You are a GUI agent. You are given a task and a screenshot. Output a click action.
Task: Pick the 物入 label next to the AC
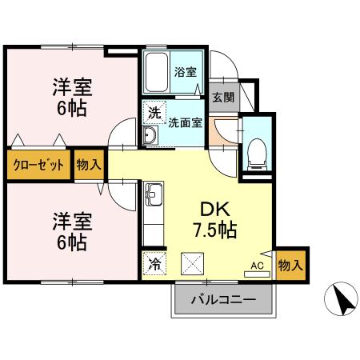pos(290,263)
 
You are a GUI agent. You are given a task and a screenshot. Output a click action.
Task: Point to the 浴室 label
pos(186,72)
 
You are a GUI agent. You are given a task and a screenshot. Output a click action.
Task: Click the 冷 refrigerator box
pos(154,262)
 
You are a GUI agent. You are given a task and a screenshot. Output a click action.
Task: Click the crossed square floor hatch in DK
pos(194,262)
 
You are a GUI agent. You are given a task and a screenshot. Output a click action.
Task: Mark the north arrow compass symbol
pos(340,302)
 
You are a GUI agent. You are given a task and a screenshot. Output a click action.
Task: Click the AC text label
pos(257,265)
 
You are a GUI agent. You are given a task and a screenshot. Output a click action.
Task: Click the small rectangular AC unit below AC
pos(257,274)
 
